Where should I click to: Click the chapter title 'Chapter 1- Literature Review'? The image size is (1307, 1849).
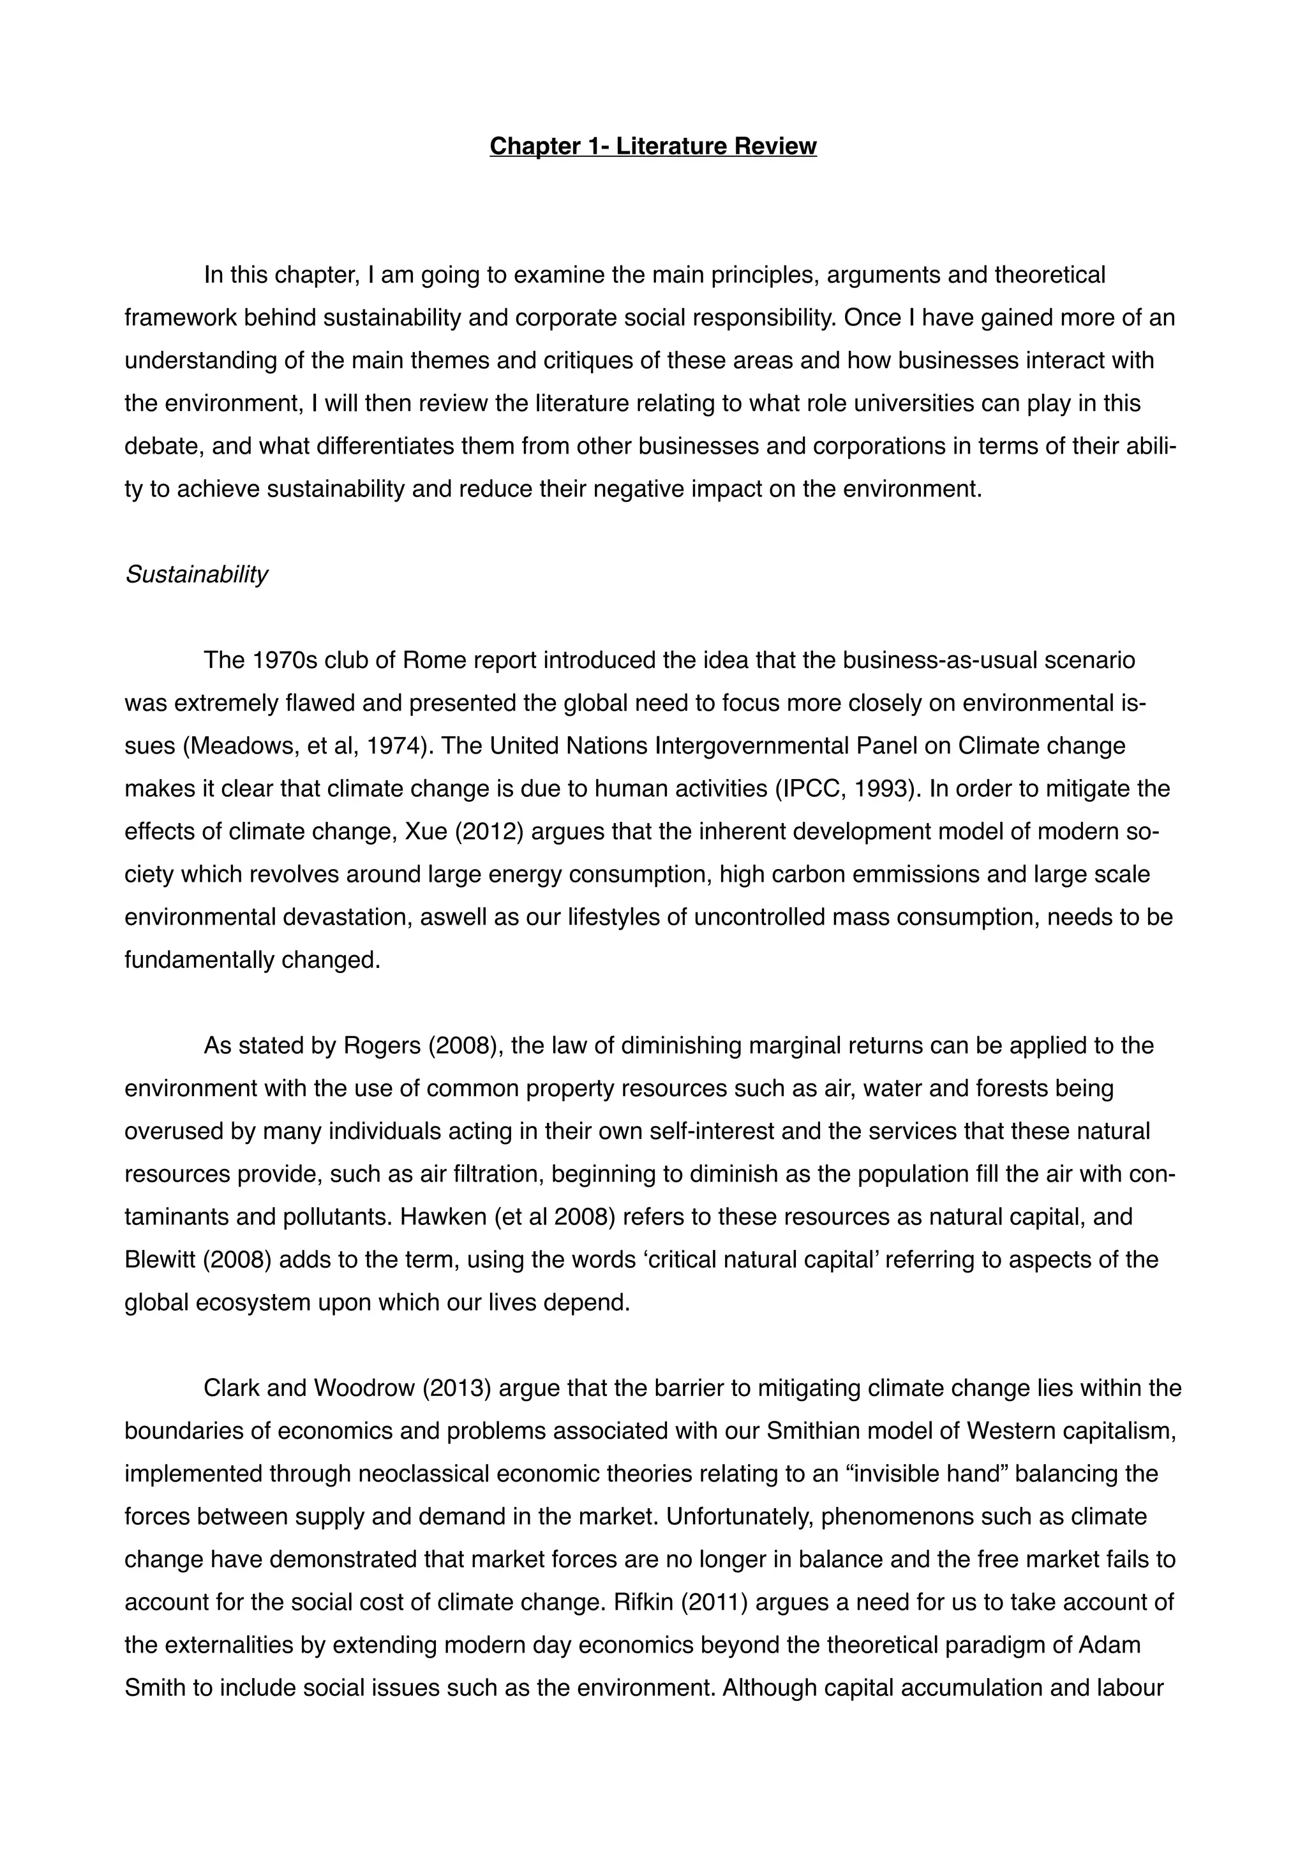pos(653,147)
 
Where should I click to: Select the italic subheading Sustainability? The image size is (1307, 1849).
pos(196,574)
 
